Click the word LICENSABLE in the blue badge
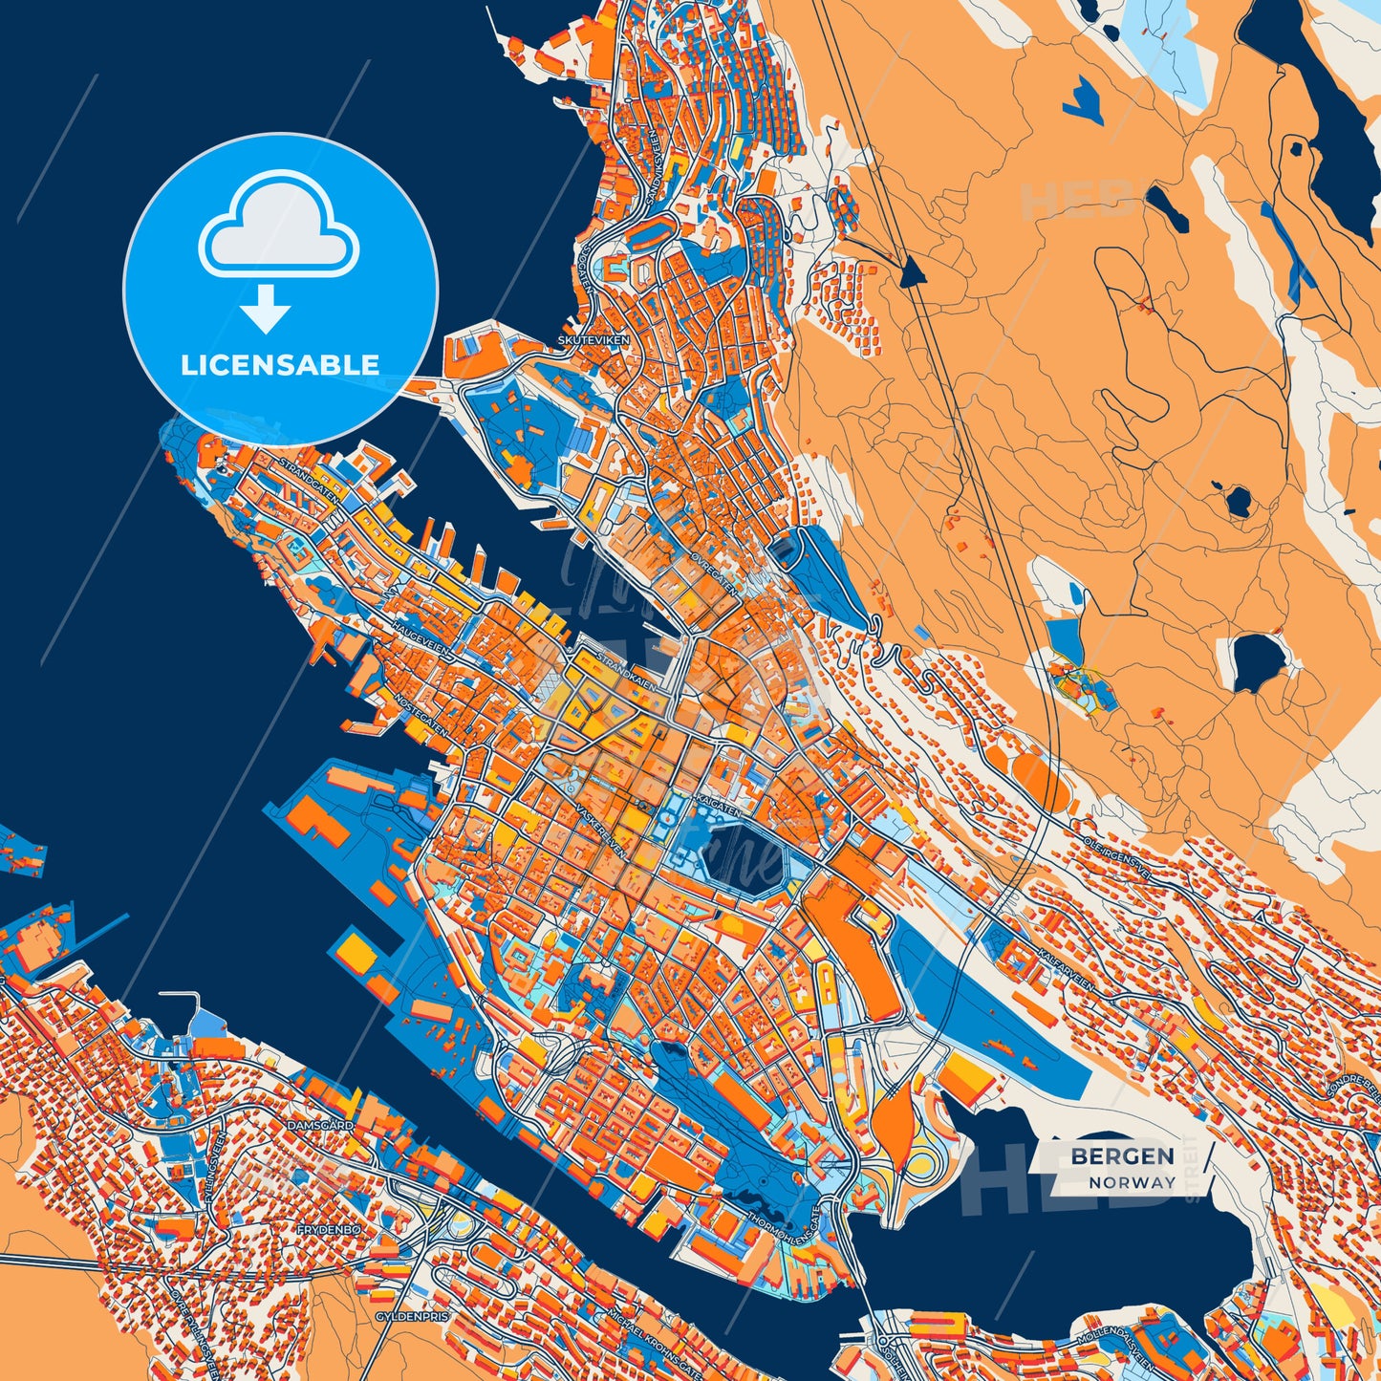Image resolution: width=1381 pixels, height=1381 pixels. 280,364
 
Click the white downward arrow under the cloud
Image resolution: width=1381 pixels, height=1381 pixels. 266,308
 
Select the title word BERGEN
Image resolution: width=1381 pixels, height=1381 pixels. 1122,1156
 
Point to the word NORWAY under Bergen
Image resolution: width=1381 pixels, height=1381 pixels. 1133,1182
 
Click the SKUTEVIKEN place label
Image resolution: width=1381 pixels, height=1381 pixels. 588,339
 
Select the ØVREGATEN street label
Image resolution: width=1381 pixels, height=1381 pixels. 714,573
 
